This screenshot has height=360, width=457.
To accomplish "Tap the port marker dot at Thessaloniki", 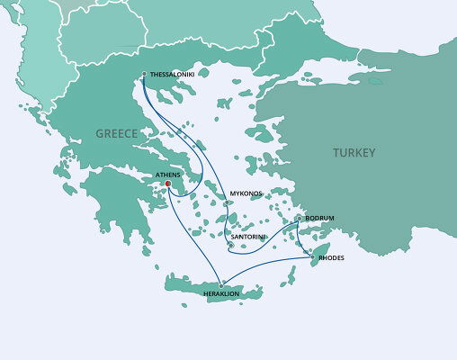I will [144, 74].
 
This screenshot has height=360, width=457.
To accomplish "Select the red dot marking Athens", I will [167, 186].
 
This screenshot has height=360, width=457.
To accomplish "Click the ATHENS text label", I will [168, 175].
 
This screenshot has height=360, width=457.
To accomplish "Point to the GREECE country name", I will [117, 133].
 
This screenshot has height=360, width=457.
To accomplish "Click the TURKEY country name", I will [354, 152].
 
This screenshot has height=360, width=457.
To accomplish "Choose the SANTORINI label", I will [247, 237].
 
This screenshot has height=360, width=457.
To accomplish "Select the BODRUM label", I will [319, 219].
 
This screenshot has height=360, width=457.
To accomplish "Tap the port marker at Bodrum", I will [299, 218].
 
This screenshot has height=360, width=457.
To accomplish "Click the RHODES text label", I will [331, 258].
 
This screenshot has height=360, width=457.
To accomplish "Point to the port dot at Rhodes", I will [312, 258].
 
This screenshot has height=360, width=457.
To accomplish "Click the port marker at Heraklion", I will [220, 285].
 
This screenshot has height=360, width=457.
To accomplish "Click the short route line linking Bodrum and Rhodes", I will [305, 238].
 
